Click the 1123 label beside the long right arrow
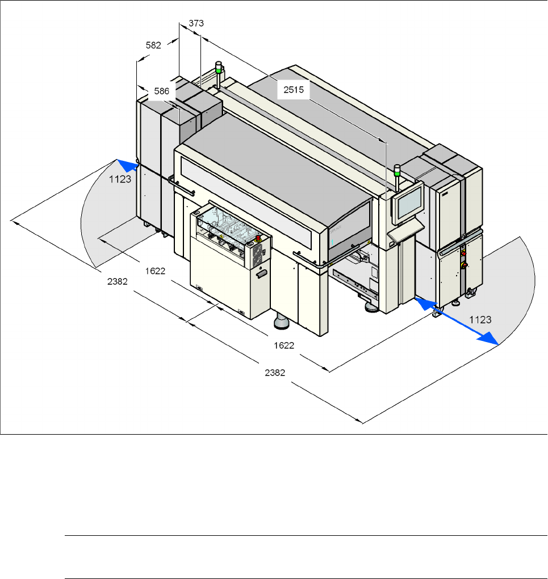[480, 320]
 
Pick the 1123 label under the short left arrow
[120, 178]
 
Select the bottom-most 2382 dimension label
[275, 373]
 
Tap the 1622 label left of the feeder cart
[155, 271]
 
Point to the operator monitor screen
[409, 203]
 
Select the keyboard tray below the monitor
[405, 230]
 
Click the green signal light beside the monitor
[398, 169]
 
